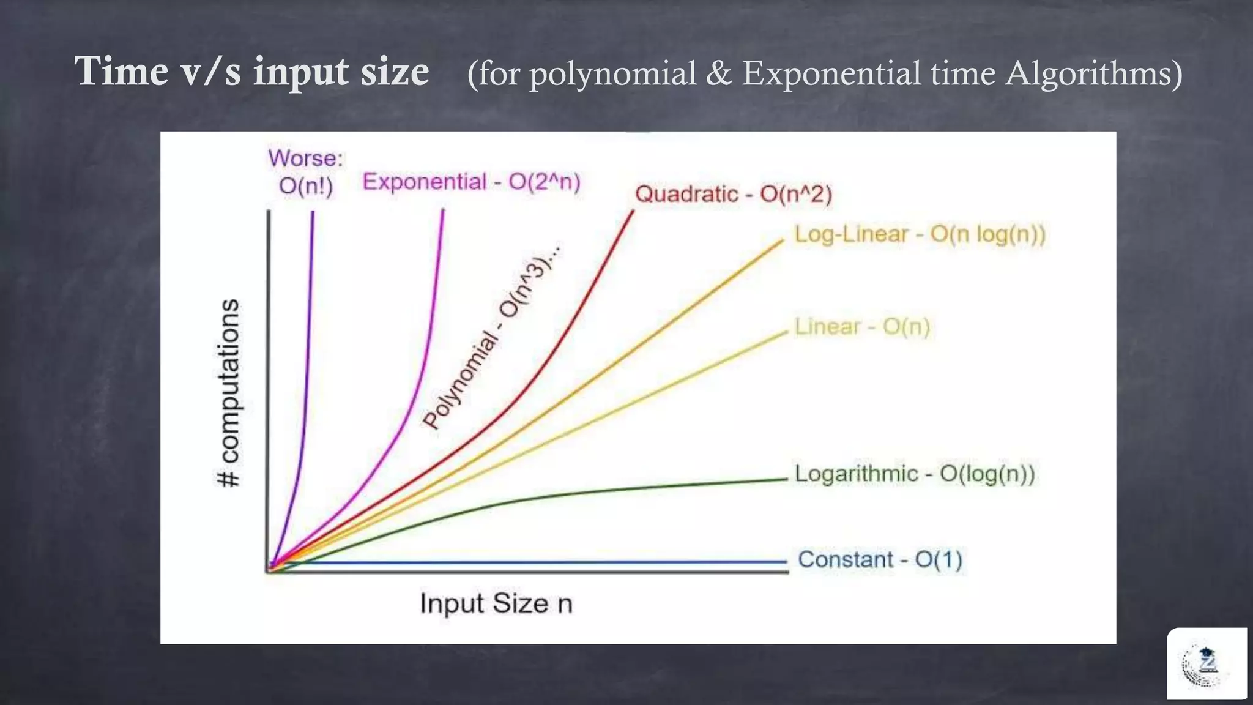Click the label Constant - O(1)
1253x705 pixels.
(880, 559)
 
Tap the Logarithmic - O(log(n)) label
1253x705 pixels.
(915, 474)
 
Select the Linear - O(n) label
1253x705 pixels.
(862, 327)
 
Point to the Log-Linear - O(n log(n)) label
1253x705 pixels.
(920, 234)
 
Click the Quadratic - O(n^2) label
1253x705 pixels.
(734, 195)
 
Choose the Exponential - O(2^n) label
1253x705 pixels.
(471, 182)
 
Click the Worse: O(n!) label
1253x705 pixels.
(306, 172)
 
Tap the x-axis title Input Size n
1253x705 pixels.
(496, 603)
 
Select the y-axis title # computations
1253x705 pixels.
(229, 393)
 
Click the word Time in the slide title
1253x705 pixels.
(122, 72)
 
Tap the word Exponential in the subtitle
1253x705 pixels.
(831, 73)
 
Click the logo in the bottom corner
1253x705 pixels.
(1206, 664)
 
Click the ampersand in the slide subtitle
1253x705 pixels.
(719, 73)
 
